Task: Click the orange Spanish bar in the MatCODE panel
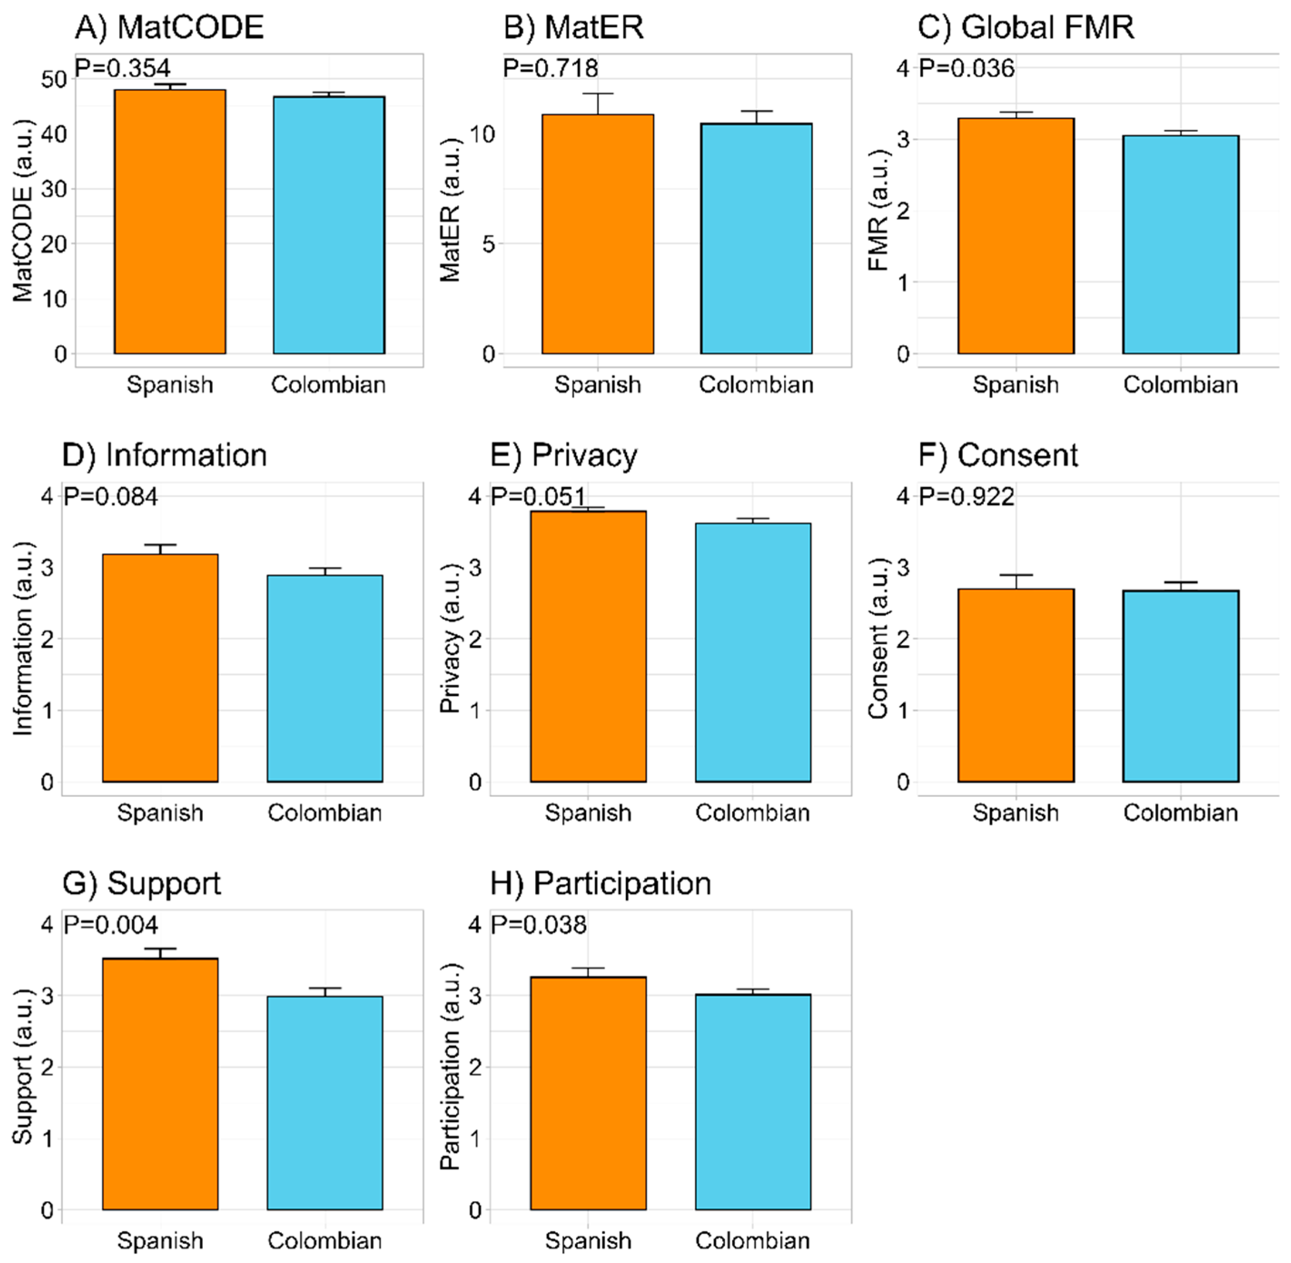coord(170,222)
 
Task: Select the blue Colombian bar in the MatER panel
coord(756,239)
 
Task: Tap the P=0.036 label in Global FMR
coord(966,68)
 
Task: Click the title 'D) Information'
coord(164,456)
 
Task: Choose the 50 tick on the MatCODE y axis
coord(54,79)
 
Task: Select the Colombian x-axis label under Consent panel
coord(1180,813)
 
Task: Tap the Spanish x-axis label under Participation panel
coord(588,1240)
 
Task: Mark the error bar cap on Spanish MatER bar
coord(598,94)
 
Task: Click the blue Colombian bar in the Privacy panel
coord(753,653)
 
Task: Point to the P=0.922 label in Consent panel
coord(966,496)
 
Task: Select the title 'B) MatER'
coord(574,28)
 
